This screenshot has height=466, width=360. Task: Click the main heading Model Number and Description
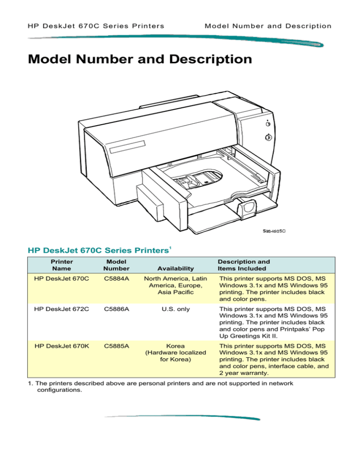pyautogui.click(x=140, y=60)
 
